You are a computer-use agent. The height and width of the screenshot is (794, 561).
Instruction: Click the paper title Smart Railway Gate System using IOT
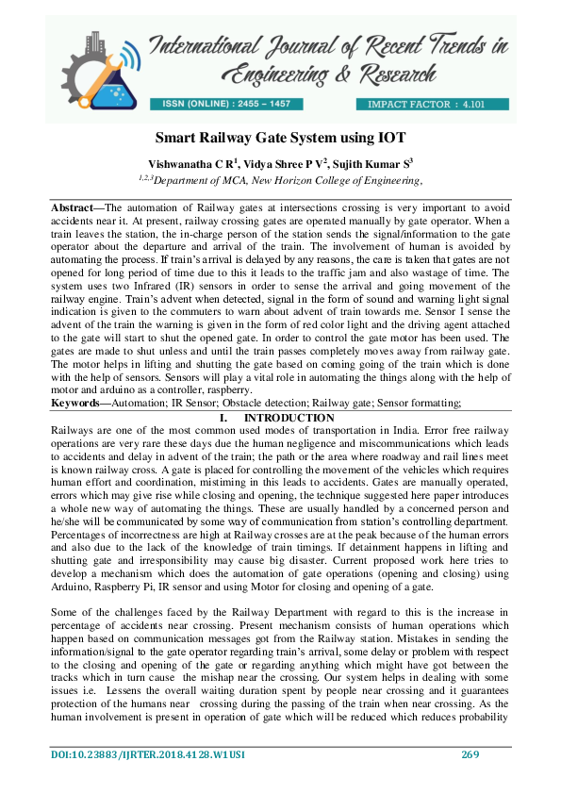click(280, 137)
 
